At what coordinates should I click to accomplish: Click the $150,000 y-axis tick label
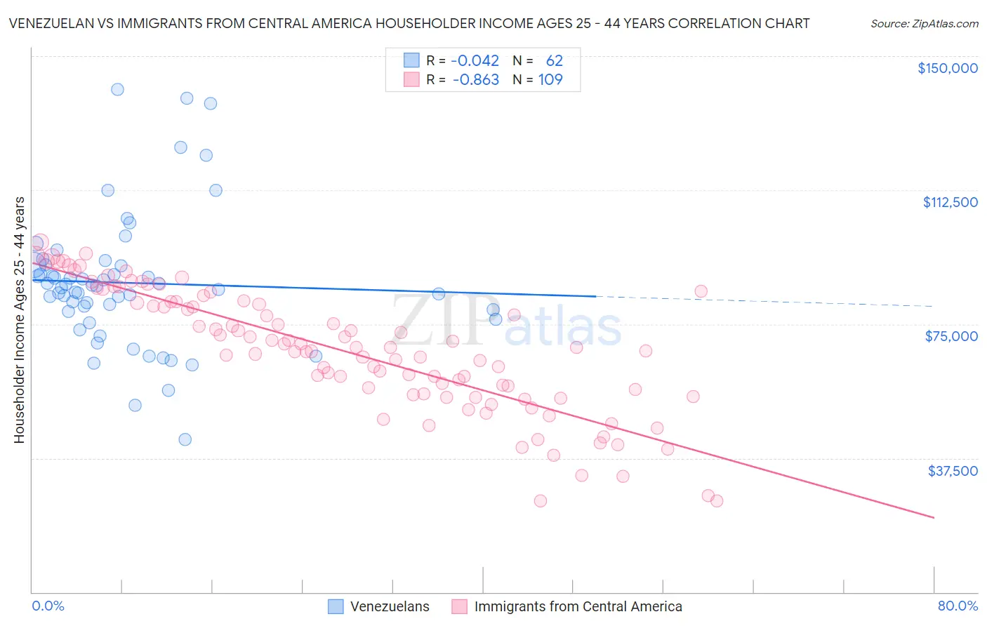pos(947,68)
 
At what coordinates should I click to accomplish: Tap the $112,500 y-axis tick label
pos(950,202)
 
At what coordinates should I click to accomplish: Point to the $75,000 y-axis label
pos(951,336)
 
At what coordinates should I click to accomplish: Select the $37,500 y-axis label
pos(953,471)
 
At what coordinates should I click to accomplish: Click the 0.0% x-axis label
pos(48,606)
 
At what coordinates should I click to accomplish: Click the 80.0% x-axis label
pos(958,606)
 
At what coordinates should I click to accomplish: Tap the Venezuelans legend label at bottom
pos(390,606)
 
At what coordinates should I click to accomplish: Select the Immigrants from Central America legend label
pos(578,606)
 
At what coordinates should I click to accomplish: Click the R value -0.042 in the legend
pos(475,60)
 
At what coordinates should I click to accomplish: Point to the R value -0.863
pos(475,79)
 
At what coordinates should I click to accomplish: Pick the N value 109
pos(550,79)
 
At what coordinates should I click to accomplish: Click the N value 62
pos(554,60)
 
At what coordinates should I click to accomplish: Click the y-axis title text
pos(19,320)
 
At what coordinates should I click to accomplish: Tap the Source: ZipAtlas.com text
pos(924,23)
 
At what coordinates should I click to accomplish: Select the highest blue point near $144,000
pos(117,89)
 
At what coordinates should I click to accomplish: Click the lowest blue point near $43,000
pos(185,439)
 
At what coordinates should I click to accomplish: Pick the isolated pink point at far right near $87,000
pos(701,291)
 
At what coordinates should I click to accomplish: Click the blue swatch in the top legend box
pos(411,60)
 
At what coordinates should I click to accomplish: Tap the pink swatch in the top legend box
pos(411,79)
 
